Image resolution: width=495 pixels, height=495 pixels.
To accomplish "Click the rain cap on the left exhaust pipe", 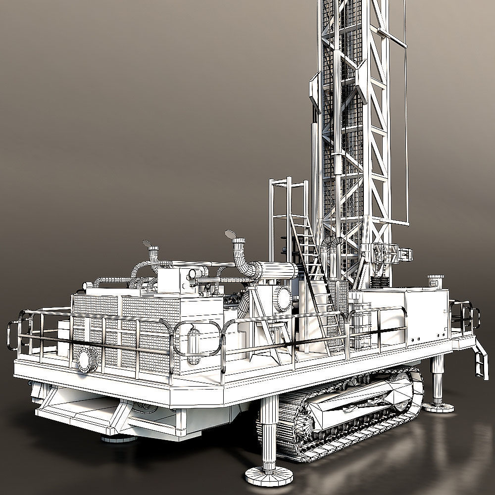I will (147, 244).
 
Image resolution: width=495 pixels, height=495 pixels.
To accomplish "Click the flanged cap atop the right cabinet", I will (435, 280).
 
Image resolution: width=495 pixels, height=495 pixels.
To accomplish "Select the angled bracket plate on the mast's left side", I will (314, 92).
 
